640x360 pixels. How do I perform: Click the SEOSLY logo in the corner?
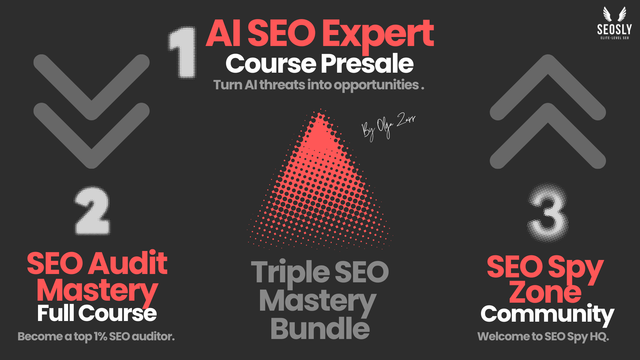tap(614, 23)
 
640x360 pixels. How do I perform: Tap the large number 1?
tap(182, 52)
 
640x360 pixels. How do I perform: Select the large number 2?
tap(92, 211)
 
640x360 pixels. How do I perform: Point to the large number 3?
tap(548, 212)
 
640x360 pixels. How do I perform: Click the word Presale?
tap(367, 64)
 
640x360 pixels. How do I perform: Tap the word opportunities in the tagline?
tap(376, 86)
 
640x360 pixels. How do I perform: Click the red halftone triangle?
tap(320, 187)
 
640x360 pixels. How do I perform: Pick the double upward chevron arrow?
tap(548, 112)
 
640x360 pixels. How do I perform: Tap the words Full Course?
tap(97, 313)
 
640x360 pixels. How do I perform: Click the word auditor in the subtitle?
tap(153, 337)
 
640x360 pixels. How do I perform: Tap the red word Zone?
tap(545, 291)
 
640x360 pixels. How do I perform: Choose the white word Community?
tap(547, 315)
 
